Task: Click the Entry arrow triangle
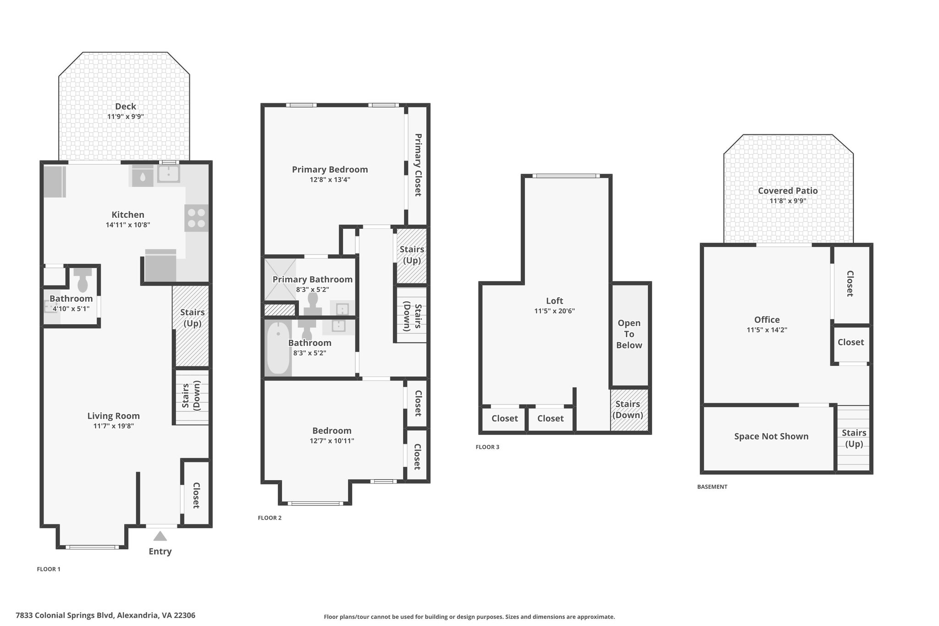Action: [160, 536]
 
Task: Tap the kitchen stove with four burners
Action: [196, 218]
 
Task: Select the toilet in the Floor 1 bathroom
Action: [83, 280]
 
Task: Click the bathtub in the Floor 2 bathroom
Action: [278, 348]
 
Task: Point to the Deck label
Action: [126, 106]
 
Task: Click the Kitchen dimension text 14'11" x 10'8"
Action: [128, 225]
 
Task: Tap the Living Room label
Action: [114, 415]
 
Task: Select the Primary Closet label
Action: [418, 165]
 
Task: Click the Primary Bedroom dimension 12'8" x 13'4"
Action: [330, 179]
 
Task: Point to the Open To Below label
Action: [629, 334]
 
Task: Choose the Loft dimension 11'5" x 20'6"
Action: [554, 311]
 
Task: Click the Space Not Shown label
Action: [771, 436]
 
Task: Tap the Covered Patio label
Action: [788, 191]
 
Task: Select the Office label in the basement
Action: [767, 320]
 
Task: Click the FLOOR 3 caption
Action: [487, 447]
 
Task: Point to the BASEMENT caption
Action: [712, 487]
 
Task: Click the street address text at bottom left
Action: [105, 615]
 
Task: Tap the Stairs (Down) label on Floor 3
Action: [628, 410]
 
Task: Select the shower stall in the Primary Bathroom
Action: [280, 280]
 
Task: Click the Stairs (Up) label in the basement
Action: [854, 438]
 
